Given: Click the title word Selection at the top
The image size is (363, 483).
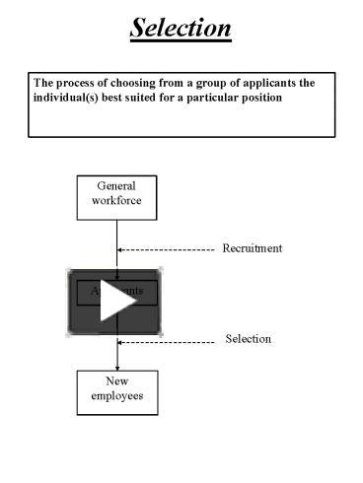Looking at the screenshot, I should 181,27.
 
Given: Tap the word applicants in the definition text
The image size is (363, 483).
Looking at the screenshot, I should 264,83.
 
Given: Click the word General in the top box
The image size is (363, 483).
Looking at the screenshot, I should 116,186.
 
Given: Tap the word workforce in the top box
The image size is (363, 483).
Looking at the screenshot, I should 116,202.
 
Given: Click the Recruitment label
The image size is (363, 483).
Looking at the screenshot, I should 252,248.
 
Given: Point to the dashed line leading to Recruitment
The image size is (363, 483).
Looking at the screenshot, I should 168,250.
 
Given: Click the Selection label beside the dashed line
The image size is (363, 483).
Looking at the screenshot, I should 248,339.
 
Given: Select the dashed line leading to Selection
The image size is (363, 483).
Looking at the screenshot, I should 168,341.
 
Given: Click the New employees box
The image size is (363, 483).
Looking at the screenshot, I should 116,390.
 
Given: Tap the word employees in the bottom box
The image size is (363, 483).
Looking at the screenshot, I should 116,397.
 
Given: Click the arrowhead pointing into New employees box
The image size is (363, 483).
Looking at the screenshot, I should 117,365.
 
